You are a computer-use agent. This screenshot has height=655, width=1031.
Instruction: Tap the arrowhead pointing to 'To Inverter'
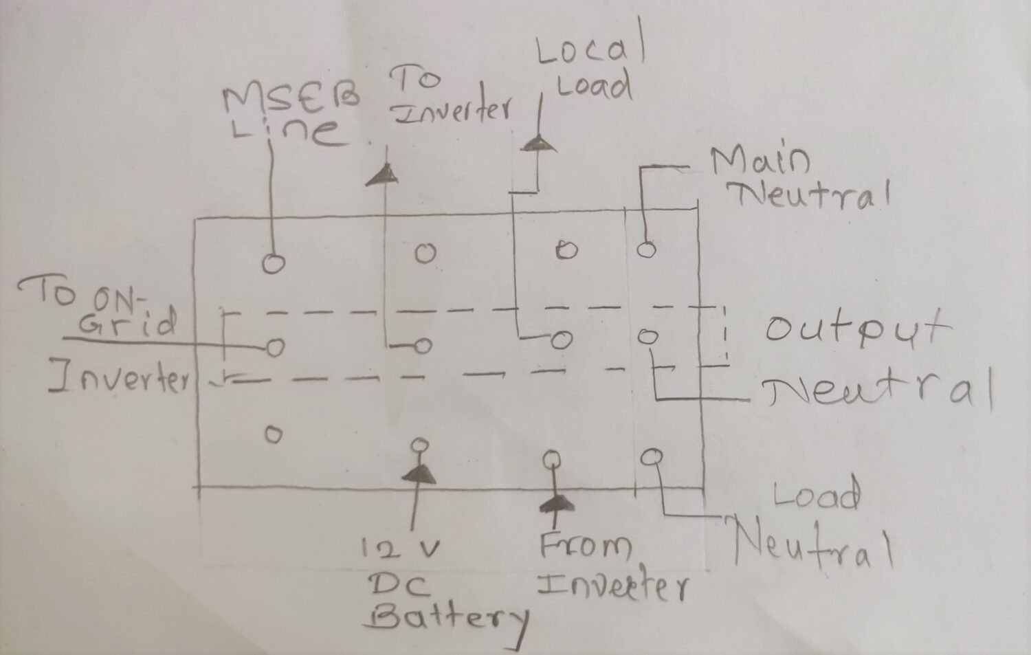pyautogui.click(x=382, y=175)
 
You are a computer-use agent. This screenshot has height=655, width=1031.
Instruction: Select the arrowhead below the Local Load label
pyautogui.click(x=540, y=142)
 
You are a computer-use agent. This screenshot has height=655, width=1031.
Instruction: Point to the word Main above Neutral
pyautogui.click(x=760, y=161)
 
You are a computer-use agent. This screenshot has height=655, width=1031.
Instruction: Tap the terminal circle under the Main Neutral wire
pyautogui.click(x=645, y=249)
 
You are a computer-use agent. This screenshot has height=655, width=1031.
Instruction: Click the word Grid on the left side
pyautogui.click(x=127, y=323)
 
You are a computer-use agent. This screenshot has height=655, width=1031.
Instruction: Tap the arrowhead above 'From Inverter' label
pyautogui.click(x=555, y=504)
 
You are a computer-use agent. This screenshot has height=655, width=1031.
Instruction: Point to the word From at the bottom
pyautogui.click(x=585, y=546)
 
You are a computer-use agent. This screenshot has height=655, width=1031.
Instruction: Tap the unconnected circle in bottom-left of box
pyautogui.click(x=273, y=434)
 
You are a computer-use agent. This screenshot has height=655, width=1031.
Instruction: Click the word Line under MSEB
pyautogui.click(x=287, y=131)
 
